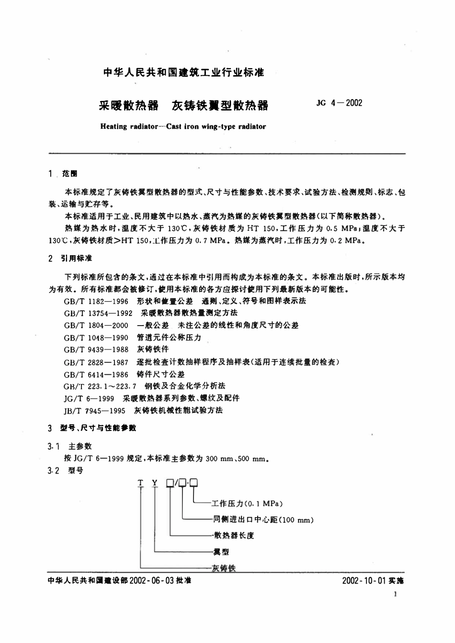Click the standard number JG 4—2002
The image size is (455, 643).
click(340, 103)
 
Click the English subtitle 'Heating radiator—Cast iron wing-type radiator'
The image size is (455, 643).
click(183, 127)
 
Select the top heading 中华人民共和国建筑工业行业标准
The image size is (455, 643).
click(184, 73)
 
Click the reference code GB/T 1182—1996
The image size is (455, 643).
click(96, 301)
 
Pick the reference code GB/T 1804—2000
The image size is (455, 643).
click(96, 325)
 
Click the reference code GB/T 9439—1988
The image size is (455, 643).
click(96, 350)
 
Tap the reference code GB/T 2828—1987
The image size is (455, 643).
click(96, 362)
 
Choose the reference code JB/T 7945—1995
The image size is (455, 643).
click(94, 410)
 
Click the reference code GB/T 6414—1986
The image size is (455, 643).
click(96, 374)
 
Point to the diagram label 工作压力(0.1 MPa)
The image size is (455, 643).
click(248, 503)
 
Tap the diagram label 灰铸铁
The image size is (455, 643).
click(224, 568)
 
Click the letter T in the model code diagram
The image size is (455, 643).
click(140, 483)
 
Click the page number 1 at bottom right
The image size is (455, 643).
click(395, 594)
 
